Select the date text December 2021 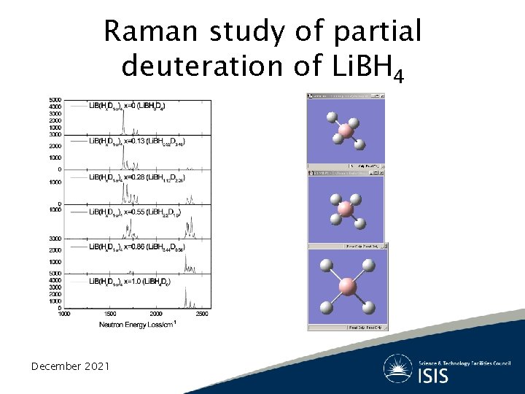tap(70, 366)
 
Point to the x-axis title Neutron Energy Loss tap(138, 324)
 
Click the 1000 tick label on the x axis tap(64, 314)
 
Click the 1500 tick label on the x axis tap(110, 314)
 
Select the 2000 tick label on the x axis tap(156, 314)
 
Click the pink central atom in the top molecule tap(345, 131)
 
